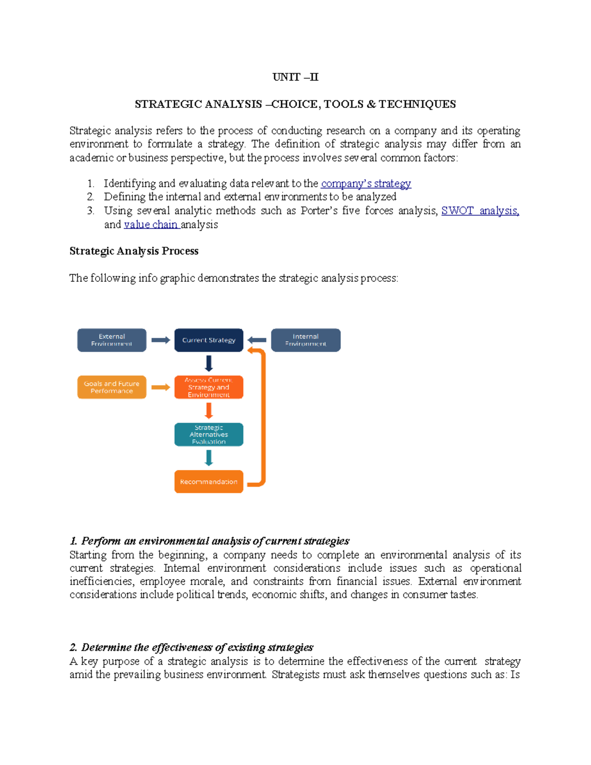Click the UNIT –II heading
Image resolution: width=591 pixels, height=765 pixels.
coord(295,77)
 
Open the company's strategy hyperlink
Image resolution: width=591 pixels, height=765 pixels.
coord(365,184)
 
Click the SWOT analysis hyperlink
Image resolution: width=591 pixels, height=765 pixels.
coord(480,211)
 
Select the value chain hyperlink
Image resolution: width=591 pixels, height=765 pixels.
coord(151,225)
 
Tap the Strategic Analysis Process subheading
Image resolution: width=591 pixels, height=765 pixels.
coord(134,251)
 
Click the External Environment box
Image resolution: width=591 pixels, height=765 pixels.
coord(112,340)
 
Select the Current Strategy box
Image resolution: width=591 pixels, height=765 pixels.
coord(209,340)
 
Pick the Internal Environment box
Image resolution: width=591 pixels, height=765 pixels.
coord(305,340)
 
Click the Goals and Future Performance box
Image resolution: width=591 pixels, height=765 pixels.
coord(112,387)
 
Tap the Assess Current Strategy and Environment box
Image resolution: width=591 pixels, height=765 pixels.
coord(209,387)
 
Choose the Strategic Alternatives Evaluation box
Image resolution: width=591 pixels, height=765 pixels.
coord(209,434)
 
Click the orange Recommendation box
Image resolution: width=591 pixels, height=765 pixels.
coord(209,482)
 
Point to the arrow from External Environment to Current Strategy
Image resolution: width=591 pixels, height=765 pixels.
coord(161,340)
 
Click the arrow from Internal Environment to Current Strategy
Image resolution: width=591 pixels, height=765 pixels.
coord(257,340)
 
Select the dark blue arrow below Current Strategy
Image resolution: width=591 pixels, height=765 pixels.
coord(209,364)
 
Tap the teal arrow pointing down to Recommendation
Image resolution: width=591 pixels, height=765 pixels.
coord(209,458)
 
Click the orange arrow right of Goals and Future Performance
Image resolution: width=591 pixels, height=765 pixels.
coord(161,387)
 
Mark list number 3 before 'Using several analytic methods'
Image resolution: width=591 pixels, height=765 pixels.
coord(91,211)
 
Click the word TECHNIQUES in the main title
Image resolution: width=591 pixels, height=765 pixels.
coord(417,104)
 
